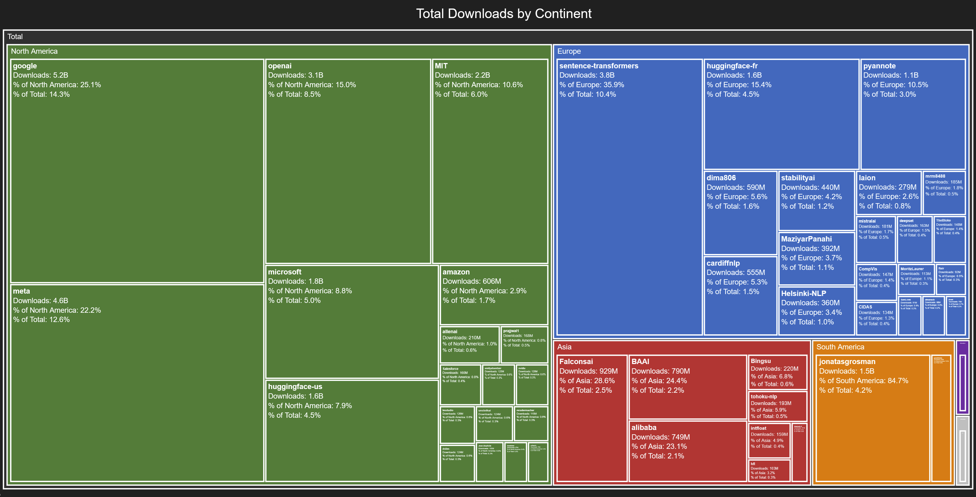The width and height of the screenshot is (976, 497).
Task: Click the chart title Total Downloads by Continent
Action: (504, 14)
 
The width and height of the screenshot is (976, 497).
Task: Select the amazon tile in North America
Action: (494, 295)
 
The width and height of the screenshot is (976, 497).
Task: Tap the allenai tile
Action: (469, 344)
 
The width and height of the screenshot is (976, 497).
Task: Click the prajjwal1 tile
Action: (524, 344)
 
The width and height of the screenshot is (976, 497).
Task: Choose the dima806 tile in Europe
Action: (740, 212)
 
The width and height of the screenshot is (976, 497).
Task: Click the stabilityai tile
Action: (816, 201)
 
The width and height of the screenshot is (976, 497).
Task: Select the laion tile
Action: (888, 193)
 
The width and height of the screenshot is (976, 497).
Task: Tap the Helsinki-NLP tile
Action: (816, 310)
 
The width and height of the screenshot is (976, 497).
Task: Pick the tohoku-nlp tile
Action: (778, 406)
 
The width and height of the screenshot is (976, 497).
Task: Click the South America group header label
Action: (840, 347)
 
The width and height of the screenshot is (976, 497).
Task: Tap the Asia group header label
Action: (564, 347)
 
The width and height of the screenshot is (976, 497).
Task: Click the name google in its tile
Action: (25, 66)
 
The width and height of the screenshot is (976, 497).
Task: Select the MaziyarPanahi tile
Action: (816, 258)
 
